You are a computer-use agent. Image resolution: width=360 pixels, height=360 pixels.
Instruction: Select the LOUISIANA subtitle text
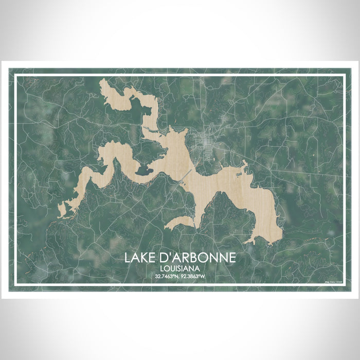click(179, 268)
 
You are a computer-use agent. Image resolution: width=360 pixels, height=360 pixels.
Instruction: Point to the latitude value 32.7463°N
click(166, 277)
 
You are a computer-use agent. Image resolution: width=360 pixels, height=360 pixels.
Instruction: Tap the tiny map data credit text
click(333, 283)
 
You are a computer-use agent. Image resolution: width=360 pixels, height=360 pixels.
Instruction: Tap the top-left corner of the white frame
click(15, 76)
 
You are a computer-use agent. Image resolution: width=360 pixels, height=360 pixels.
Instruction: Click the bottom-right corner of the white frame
click(344, 284)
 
